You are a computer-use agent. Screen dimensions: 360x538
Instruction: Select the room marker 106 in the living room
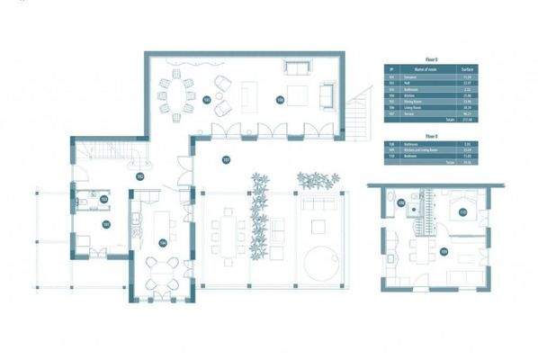tap(280, 100)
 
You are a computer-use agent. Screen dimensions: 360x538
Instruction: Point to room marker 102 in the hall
tap(139, 176)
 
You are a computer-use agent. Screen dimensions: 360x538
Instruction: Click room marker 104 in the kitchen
tap(163, 242)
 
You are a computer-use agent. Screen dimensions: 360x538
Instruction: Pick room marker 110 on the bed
tap(463, 213)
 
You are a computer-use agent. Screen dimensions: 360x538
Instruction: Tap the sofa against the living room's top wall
tap(297, 67)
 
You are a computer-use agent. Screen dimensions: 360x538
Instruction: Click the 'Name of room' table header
tap(422, 69)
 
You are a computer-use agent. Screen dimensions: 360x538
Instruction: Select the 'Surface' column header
tap(467, 69)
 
